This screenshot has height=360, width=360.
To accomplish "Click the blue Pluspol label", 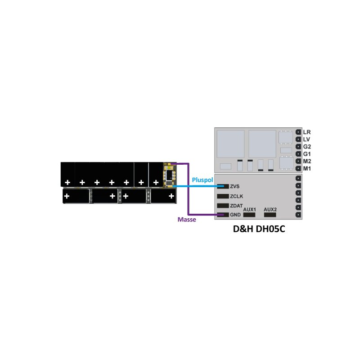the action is click(202, 180).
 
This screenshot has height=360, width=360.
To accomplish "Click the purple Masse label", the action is click(187, 220).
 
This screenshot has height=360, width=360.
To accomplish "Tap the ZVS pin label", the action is click(234, 186).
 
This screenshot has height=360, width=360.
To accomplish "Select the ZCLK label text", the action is click(237, 196).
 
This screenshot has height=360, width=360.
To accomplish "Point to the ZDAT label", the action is click(236, 206).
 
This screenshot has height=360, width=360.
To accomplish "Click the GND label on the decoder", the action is click(235, 215).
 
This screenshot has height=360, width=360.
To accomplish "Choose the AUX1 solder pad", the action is click(249, 215).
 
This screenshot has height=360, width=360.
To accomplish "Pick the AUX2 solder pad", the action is click(270, 215).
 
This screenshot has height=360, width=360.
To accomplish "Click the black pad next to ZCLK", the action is click(223, 196).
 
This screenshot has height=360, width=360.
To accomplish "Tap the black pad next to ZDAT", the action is click(223, 206).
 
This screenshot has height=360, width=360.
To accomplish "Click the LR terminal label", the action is click(307, 132).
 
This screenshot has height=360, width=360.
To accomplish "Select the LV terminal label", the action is click(306, 139).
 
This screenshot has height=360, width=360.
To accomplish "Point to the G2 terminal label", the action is click(307, 147).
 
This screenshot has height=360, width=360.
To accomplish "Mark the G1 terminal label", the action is click(307, 154).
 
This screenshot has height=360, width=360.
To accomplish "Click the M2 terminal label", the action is click(307, 161).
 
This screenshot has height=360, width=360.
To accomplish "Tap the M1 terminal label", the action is click(307, 168).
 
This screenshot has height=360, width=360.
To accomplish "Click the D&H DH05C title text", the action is click(259, 229).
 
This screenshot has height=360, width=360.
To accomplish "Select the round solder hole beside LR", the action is click(298, 132).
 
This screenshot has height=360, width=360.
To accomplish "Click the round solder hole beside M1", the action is click(298, 168).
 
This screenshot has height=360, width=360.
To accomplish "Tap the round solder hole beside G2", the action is click(298, 147).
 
